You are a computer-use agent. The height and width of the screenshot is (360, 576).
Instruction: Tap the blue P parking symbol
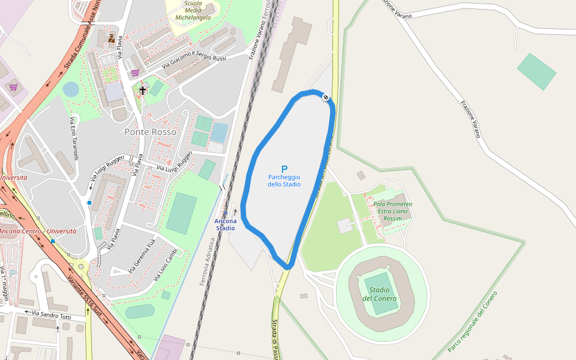click(x=284, y=169)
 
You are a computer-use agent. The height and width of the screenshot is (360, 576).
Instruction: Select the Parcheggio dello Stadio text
click(x=284, y=181)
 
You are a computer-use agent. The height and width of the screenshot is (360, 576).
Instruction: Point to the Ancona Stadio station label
click(x=226, y=224)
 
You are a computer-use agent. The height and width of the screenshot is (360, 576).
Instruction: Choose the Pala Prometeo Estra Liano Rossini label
click(x=392, y=211)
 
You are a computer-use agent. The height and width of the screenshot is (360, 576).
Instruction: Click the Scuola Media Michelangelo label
click(x=193, y=10)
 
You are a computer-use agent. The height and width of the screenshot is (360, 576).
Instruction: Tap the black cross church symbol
click(x=142, y=90)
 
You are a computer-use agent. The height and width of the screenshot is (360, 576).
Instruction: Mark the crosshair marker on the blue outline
click(x=326, y=97)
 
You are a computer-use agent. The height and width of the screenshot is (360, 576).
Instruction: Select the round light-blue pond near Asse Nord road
click(x=71, y=89)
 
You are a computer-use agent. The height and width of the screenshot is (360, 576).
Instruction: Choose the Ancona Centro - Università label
click(x=37, y=231)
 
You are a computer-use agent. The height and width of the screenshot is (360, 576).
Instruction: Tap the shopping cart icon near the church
click(x=135, y=73)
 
